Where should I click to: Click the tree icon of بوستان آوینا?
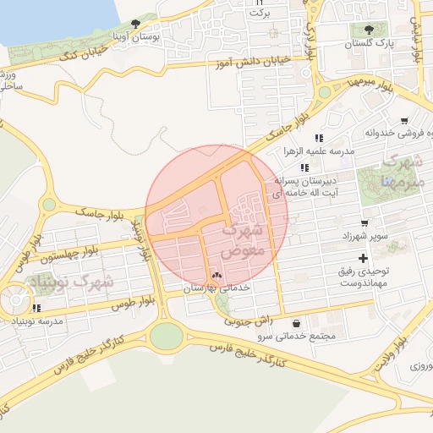[135, 25]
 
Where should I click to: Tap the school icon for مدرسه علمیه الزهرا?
[319, 138]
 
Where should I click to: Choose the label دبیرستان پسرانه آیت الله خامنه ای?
[305, 187]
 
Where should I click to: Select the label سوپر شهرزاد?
[366, 235]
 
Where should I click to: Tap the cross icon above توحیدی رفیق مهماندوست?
[364, 257]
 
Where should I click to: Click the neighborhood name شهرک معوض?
[246, 239]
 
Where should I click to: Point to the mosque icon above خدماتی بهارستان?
[216, 275]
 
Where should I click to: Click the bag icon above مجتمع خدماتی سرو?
[295, 323]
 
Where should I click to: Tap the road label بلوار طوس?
[118, 302]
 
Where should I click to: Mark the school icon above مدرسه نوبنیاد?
[36, 308]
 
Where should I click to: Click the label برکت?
[262, 14]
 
